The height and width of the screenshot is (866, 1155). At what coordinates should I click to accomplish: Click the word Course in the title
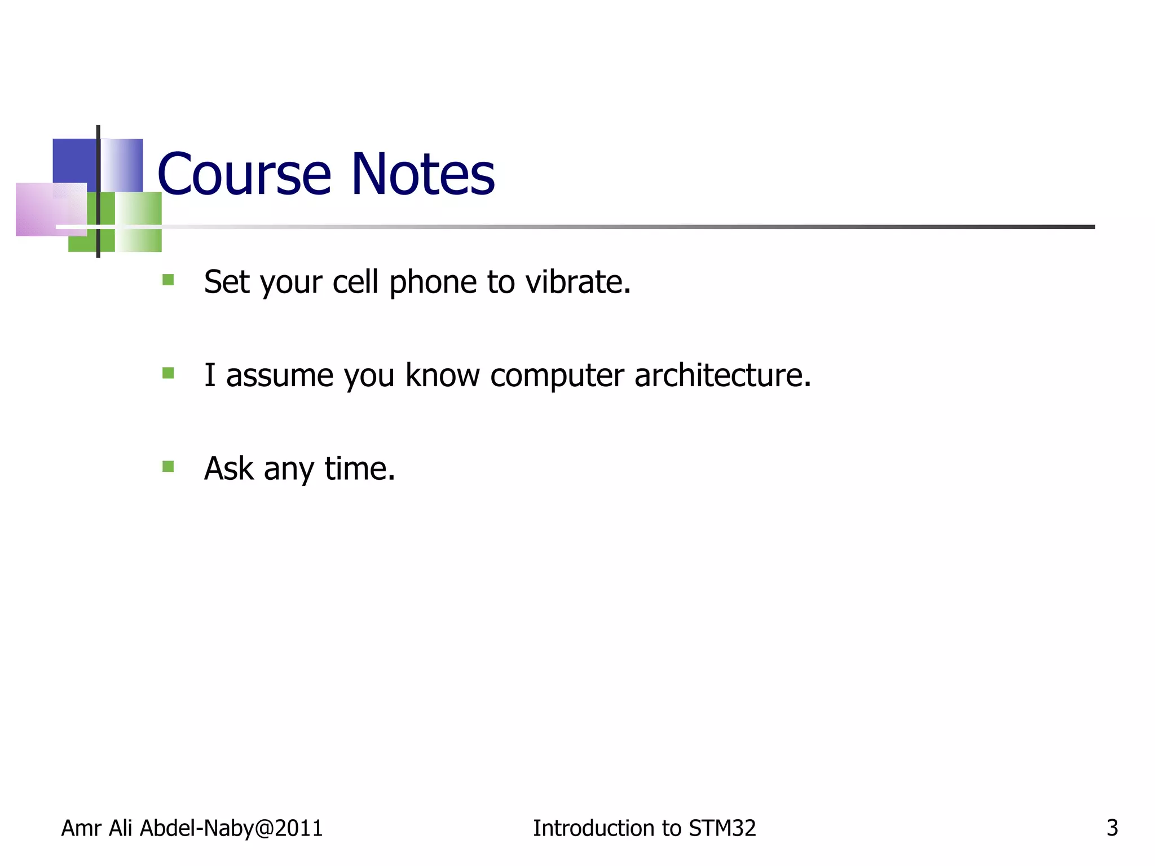pyautogui.click(x=244, y=175)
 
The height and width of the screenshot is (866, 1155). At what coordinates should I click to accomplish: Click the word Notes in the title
pyautogui.click(x=422, y=175)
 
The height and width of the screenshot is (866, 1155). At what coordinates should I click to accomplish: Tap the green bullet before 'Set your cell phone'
pyautogui.click(x=167, y=280)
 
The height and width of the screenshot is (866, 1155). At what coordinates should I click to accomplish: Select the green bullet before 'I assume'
pyautogui.click(x=167, y=373)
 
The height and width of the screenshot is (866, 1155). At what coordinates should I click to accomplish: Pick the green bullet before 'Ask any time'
pyautogui.click(x=167, y=466)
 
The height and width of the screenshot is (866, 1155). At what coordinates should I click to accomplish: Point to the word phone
pyautogui.click(x=433, y=283)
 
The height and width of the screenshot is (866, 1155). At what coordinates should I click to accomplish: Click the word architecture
pyautogui.click(x=722, y=375)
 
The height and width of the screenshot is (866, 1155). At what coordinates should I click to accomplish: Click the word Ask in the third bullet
pyautogui.click(x=228, y=469)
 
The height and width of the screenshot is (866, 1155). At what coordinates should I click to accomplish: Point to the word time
pyautogui.click(x=359, y=469)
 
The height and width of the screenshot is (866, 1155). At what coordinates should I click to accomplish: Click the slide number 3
pyautogui.click(x=1112, y=828)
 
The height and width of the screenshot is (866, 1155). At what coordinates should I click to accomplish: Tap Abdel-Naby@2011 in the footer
pyautogui.click(x=231, y=828)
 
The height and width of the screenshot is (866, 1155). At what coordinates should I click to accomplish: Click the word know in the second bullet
pyautogui.click(x=442, y=375)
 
